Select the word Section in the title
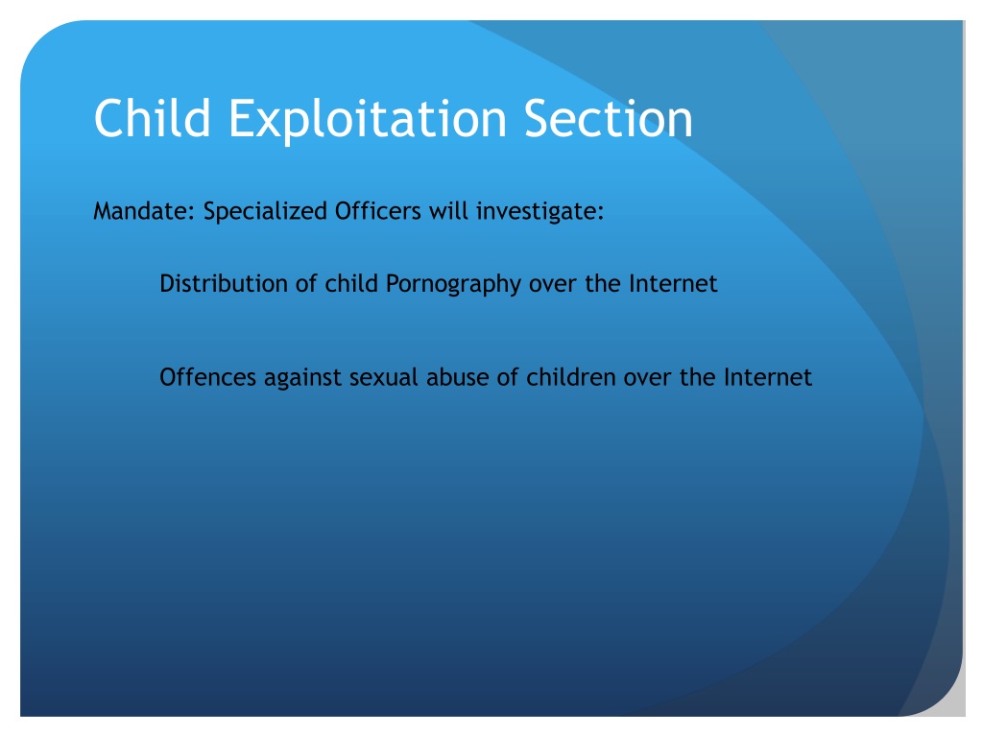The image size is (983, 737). [x=609, y=118]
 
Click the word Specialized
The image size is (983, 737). [x=265, y=212]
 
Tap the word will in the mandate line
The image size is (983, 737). [x=448, y=211]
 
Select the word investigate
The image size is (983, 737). [x=539, y=212]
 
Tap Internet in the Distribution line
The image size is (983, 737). [x=673, y=284]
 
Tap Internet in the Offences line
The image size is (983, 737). [x=767, y=377]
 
